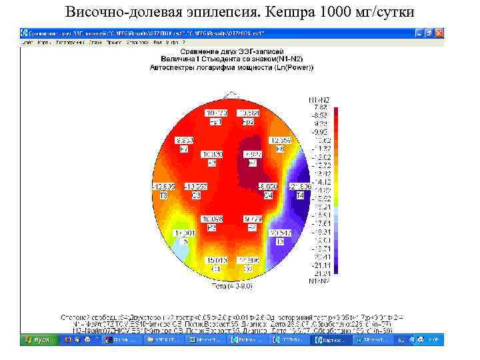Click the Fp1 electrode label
[x=216, y=123]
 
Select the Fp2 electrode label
[x=247, y=123]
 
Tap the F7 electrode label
[x=184, y=149]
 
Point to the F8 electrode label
[x=280, y=149]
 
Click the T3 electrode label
[x=163, y=195]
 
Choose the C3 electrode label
[x=197, y=195]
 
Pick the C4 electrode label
[x=268, y=195]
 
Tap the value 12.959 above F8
[x=280, y=141]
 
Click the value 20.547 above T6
[x=280, y=233]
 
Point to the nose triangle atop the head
[x=231, y=95]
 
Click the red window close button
[x=439, y=32]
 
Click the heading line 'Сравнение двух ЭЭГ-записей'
[x=231, y=52]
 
